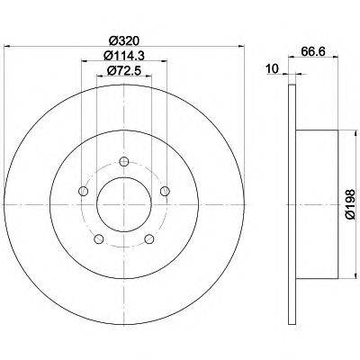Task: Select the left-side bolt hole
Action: pos(83,190)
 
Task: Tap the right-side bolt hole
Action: pos(165,190)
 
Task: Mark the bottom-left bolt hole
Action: pos(99,238)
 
